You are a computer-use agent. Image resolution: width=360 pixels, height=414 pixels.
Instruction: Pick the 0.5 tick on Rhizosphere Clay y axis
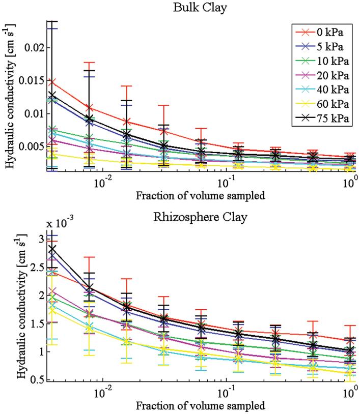click(38, 380)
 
